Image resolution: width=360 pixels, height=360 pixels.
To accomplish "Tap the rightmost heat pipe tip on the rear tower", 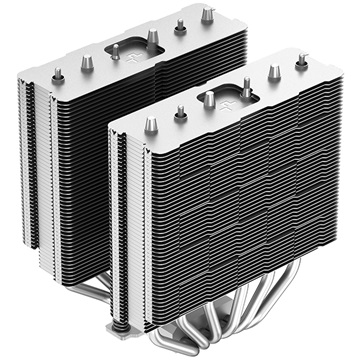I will (x=206, y=15).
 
